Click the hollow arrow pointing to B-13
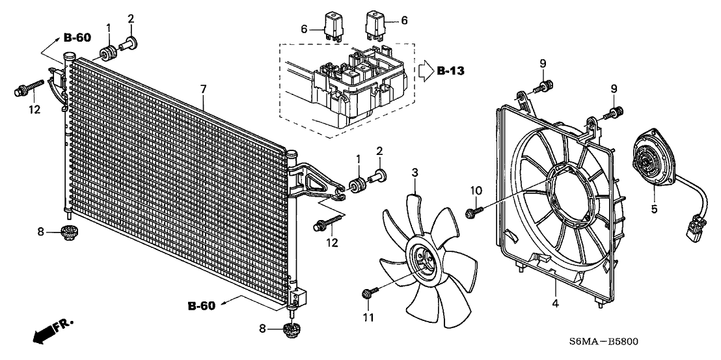click(424, 69)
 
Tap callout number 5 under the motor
click(654, 208)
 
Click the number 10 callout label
click(476, 190)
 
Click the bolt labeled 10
click(472, 212)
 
